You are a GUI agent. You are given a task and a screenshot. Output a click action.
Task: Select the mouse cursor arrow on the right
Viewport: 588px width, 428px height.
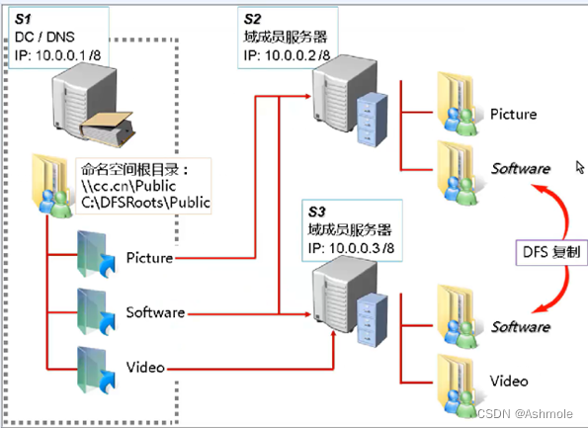tap(579, 167)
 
